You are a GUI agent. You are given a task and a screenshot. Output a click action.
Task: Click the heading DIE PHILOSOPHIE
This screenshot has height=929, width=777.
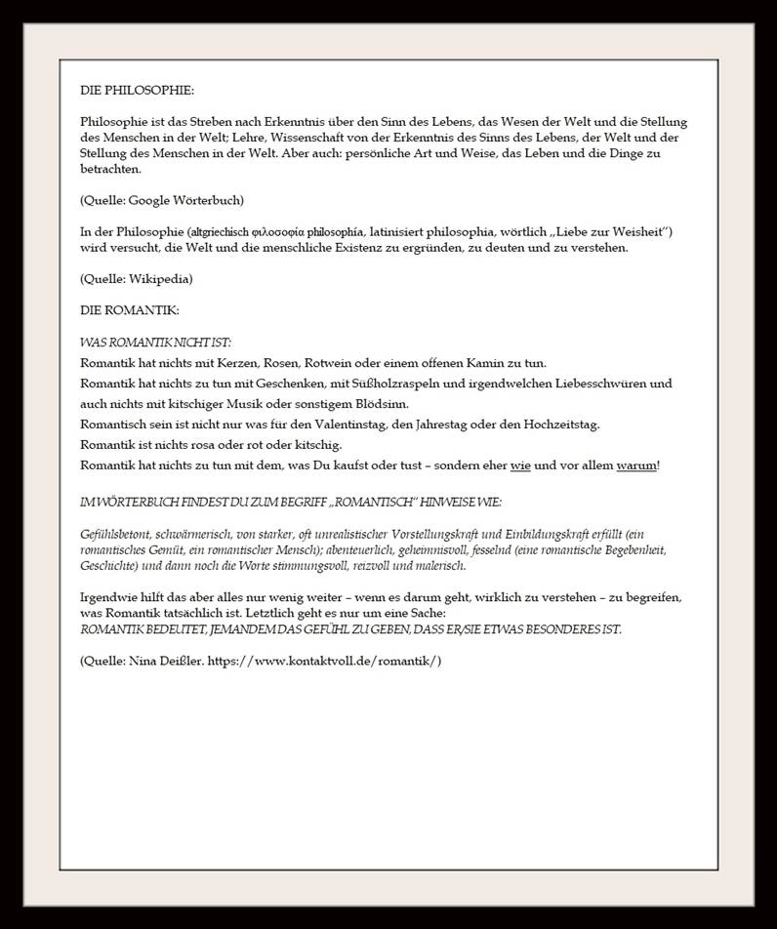[x=137, y=90]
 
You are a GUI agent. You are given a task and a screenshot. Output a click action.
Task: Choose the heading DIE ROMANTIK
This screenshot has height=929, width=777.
[x=130, y=310]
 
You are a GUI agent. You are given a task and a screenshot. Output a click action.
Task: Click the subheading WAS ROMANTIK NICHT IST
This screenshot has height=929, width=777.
[x=155, y=343]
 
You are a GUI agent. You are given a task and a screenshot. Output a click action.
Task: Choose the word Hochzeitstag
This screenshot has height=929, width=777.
[x=562, y=424]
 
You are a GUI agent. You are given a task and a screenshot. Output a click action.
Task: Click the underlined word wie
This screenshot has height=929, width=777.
[x=520, y=465]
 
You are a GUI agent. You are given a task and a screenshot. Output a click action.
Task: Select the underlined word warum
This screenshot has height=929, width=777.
[x=636, y=465]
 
